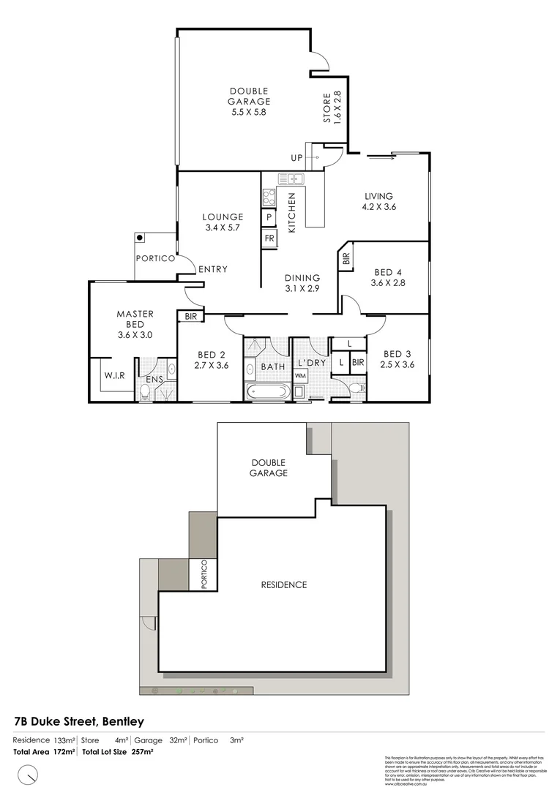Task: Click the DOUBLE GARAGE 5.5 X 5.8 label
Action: click(x=250, y=102)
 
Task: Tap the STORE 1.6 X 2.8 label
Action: click(x=332, y=107)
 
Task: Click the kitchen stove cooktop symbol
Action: click(x=269, y=197)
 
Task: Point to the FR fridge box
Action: click(x=269, y=238)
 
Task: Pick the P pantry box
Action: click(x=269, y=217)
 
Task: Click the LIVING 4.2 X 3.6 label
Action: click(x=379, y=201)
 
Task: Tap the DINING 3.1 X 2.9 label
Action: click(x=302, y=283)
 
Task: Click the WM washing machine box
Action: click(x=300, y=376)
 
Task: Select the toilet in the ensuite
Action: click(x=146, y=393)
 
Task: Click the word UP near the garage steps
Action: click(x=296, y=158)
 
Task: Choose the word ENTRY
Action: click(x=212, y=270)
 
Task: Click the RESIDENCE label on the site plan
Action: click(x=284, y=584)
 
